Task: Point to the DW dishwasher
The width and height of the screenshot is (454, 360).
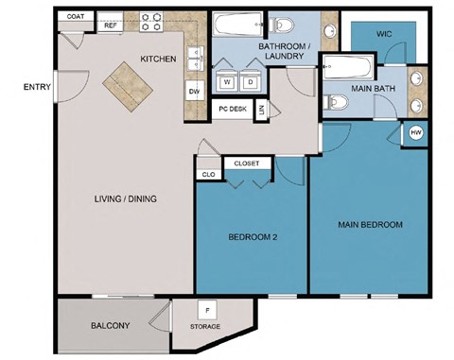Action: coord(195,91)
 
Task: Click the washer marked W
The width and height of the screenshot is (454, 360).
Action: coord(228,82)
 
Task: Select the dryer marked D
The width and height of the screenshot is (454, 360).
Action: coord(252,82)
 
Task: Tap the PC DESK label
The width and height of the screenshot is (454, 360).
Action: coord(232,110)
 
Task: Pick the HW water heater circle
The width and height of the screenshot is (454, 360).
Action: coord(416,133)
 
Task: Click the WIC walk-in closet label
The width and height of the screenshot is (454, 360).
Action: coord(384,34)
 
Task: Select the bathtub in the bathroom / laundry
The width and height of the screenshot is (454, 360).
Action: coord(237,25)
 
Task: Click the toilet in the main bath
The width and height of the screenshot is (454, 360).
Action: coord(334,102)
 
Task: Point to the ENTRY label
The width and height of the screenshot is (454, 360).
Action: coord(37,88)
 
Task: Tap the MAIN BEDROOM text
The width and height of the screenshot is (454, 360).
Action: coord(371,225)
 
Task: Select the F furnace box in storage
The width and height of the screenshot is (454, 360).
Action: coord(206,309)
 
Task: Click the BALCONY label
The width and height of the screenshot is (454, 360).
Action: coord(111,326)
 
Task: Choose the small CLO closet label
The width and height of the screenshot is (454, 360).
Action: coord(208,175)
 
